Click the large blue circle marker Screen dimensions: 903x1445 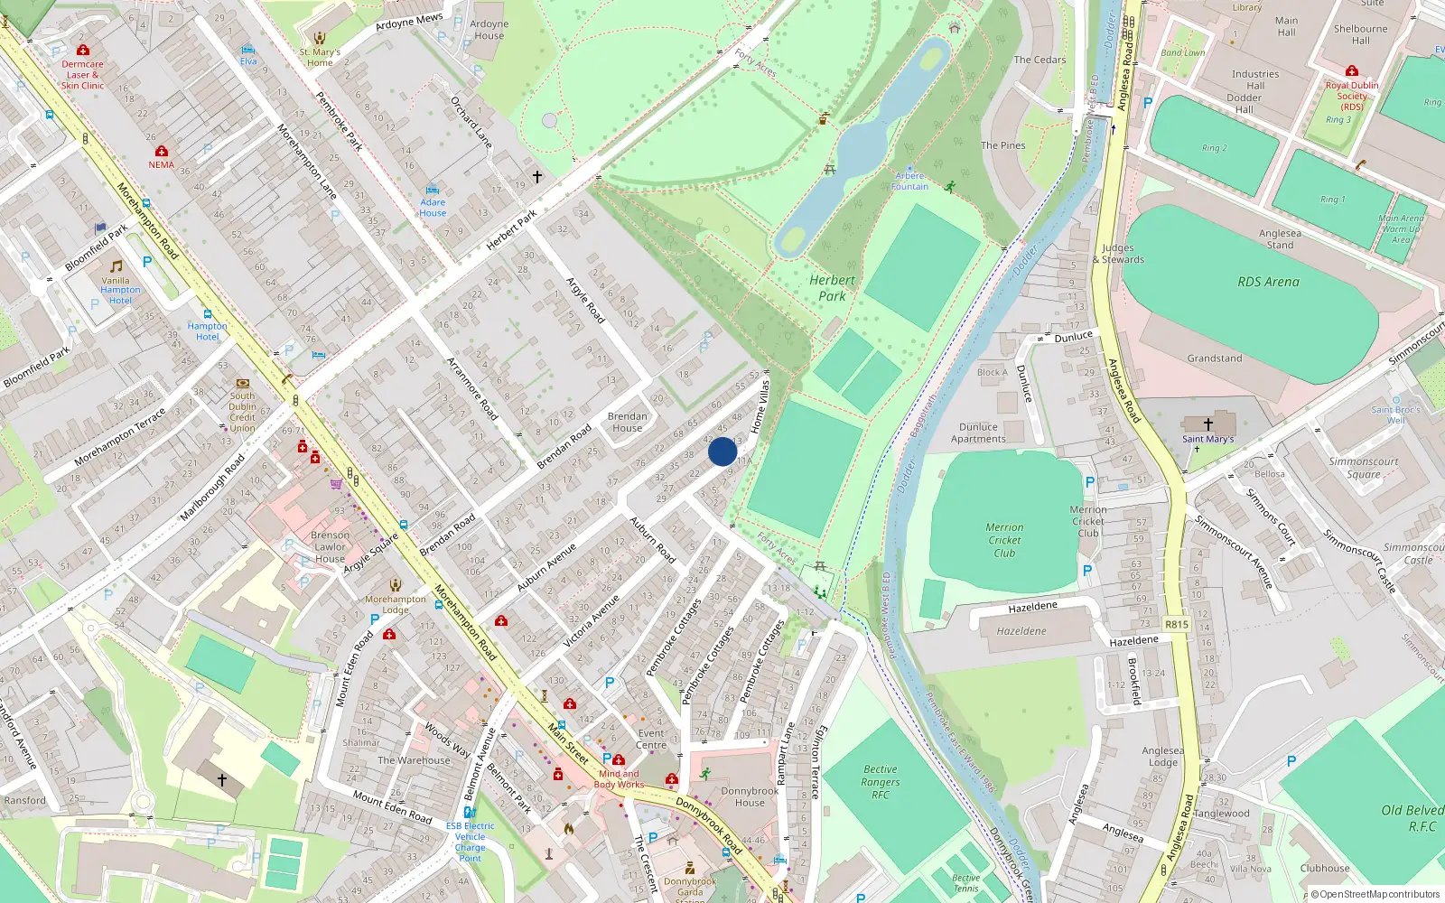click(x=722, y=451)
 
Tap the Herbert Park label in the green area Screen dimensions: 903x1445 click(x=832, y=288)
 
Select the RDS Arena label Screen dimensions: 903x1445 click(x=1268, y=282)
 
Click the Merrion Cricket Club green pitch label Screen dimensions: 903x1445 click(x=1004, y=540)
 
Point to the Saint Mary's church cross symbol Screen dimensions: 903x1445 click(x=1207, y=424)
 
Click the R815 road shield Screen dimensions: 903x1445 click(x=1177, y=624)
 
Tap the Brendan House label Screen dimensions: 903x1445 click(x=627, y=422)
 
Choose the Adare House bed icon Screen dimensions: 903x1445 click(x=432, y=191)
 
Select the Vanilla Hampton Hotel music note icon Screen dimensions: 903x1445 click(x=116, y=266)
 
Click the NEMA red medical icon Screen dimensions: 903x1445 click(x=162, y=151)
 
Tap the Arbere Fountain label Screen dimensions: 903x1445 click(x=909, y=182)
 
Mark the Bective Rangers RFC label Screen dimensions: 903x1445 click(x=880, y=782)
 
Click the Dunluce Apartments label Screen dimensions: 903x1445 click(x=978, y=433)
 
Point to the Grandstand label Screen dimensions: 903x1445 click(x=1214, y=358)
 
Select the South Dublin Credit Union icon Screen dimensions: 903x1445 click(x=242, y=383)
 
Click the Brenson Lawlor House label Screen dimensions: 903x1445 click(x=330, y=546)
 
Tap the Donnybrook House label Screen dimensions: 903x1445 click(x=749, y=796)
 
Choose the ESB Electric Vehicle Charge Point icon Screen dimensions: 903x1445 click(x=470, y=812)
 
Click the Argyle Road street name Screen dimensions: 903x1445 click(x=585, y=300)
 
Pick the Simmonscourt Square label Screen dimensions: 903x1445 click(x=1363, y=467)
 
